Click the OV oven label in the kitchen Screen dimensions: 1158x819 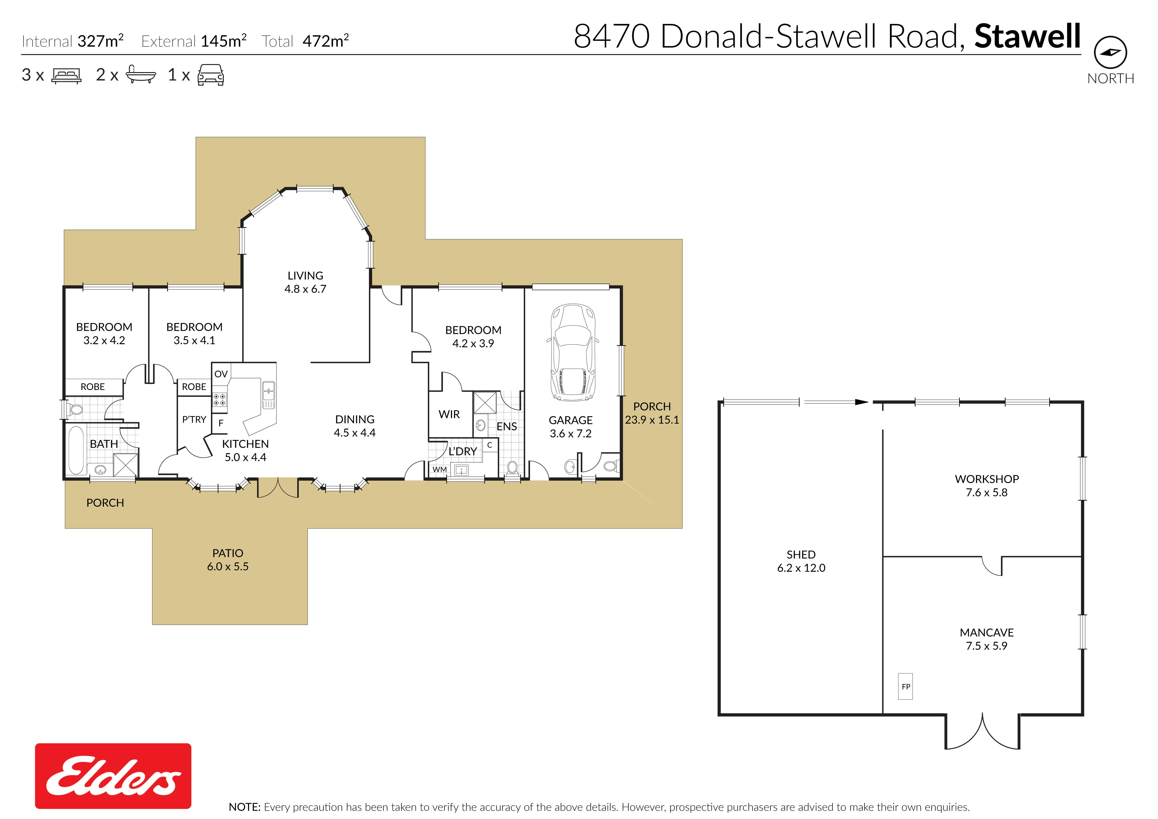(x=221, y=374)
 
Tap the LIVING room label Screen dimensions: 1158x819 (x=305, y=275)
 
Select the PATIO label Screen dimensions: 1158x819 (x=227, y=553)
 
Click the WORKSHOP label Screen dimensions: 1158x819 (x=987, y=479)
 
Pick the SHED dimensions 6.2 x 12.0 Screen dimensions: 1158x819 (x=801, y=568)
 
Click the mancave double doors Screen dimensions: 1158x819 (x=983, y=731)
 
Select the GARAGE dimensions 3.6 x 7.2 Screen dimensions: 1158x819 (x=570, y=433)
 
